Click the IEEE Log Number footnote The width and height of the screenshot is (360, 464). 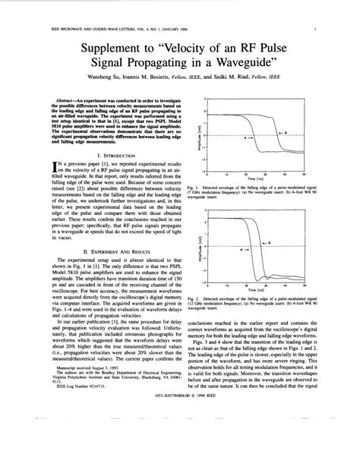point(65,428)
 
